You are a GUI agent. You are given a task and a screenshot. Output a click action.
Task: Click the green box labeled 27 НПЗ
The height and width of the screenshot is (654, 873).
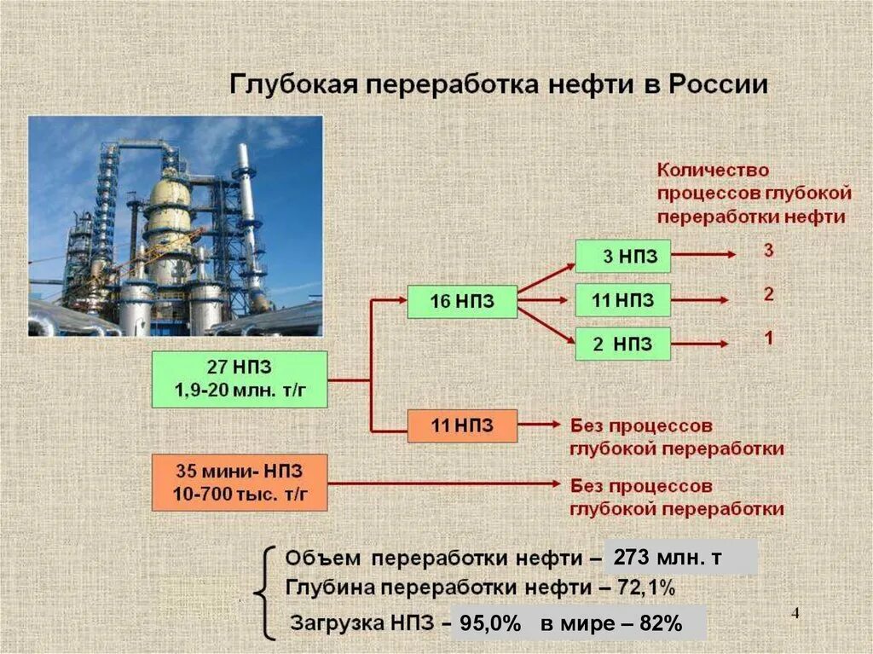pyautogui.click(x=240, y=379)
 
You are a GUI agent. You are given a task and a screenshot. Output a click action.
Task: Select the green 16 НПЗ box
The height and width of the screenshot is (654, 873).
pyautogui.click(x=462, y=300)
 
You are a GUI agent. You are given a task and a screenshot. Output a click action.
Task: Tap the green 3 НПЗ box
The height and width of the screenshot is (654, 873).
pyautogui.click(x=622, y=256)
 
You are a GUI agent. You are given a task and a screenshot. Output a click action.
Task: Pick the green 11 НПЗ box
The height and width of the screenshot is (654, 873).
pyautogui.click(x=622, y=300)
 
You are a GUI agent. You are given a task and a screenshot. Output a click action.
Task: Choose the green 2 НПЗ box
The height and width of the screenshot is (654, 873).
pyautogui.click(x=622, y=344)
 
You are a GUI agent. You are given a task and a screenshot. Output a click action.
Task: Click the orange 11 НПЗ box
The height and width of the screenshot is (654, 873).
pyautogui.click(x=462, y=425)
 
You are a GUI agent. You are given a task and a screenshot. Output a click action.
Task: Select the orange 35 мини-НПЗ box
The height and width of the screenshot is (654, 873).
pyautogui.click(x=240, y=482)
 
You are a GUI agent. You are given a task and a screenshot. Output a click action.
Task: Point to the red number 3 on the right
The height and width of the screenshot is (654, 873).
pyautogui.click(x=768, y=252)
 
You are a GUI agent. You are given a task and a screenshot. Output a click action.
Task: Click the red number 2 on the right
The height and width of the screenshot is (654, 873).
pyautogui.click(x=768, y=295)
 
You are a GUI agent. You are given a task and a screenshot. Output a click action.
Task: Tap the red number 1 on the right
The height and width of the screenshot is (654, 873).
pyautogui.click(x=768, y=339)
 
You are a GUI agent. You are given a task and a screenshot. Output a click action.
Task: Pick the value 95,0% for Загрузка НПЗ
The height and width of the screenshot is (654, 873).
pyautogui.click(x=490, y=623)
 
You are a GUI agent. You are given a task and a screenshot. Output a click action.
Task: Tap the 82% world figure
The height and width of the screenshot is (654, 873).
pyautogui.click(x=661, y=623)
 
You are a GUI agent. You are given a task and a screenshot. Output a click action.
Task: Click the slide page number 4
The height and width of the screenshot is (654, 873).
pyautogui.click(x=796, y=615)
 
